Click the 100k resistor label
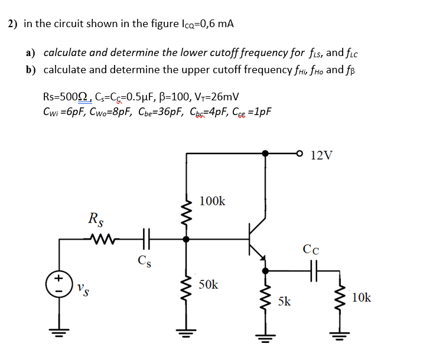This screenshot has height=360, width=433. [213, 201]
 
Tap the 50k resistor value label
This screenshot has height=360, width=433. [209, 284]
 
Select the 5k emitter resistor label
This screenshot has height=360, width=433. [284, 302]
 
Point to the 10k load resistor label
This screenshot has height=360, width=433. [361, 297]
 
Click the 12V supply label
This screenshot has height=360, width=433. [321, 155]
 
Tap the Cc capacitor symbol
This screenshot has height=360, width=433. [311, 271]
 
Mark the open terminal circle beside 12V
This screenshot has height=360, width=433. [301, 153]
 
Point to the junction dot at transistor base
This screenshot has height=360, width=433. [186, 240]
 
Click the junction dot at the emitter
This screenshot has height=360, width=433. [265, 271]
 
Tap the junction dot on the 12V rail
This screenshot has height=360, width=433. [265, 153]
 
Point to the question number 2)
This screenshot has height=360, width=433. [12, 24]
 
